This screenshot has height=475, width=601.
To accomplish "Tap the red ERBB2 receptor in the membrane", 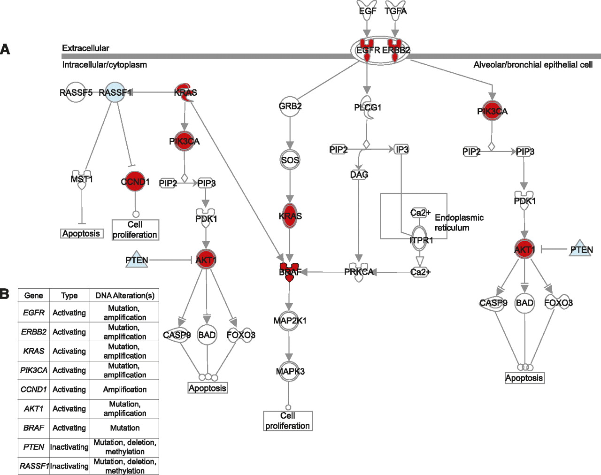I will coord(395,50).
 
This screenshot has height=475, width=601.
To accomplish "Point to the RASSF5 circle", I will coord(76,92).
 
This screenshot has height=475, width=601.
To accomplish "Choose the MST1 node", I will coord(82,179).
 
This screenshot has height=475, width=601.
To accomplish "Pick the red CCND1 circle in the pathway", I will coord(135,182).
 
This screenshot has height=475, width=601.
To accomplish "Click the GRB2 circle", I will coord(290,106).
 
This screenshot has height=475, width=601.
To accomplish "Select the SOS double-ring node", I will coord(290,160).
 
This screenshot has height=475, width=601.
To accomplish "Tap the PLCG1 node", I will coord(368,107).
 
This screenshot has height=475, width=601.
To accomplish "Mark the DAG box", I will coord(359,175).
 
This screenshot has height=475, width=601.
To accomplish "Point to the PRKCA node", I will coord(359,272).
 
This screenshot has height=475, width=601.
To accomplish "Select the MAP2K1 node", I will coord(290,321).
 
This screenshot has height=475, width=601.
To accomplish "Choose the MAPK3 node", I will coord(290,371).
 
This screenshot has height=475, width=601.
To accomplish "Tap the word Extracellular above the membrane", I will coord(85,48).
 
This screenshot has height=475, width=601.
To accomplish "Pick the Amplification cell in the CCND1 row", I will coord(125,390).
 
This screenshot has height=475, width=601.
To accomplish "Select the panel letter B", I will coord(5,294).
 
